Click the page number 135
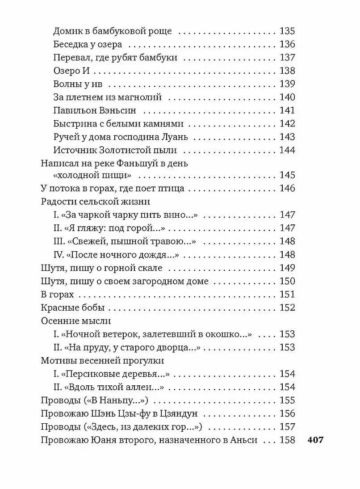click(287, 32)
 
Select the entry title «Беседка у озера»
click(88, 45)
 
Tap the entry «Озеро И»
click(70, 71)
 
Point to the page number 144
click(287, 150)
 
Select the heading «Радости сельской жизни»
click(95, 202)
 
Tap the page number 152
click(287, 308)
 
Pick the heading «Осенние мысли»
click(75, 321)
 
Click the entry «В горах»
click(57, 295)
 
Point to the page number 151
click(287, 295)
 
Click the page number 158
click(287, 439)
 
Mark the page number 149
click(287, 268)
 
